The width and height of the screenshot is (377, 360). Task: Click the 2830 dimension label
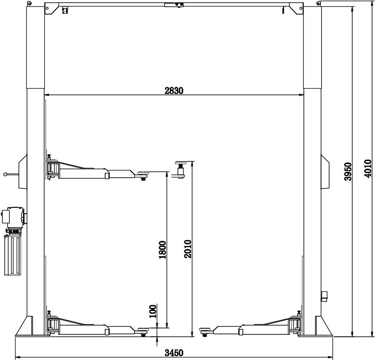pyautogui.click(x=174, y=91)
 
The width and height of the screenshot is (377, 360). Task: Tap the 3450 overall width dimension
pyautogui.click(x=174, y=353)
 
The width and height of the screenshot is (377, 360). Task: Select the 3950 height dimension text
pyautogui.click(x=348, y=172)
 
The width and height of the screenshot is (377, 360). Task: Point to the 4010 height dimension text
pyautogui.click(x=368, y=168)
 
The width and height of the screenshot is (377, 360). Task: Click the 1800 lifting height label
pyautogui.click(x=162, y=249)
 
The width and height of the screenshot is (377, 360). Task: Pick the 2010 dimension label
pyautogui.click(x=187, y=249)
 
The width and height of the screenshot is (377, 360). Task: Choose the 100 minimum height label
pyautogui.click(x=153, y=311)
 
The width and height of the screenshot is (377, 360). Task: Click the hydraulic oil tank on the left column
pyautogui.click(x=12, y=255)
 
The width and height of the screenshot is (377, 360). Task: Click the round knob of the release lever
pyautogui.click(x=5, y=174)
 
